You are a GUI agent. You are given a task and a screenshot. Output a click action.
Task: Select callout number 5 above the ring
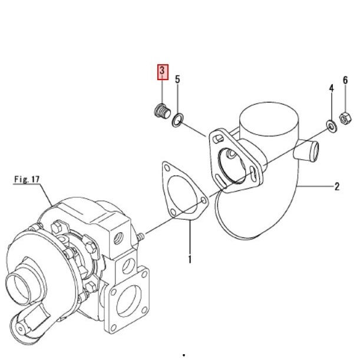tap(177, 79)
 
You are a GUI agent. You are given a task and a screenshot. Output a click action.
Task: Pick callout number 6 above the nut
tap(345, 81)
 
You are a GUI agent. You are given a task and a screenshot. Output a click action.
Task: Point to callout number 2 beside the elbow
tap(337, 187)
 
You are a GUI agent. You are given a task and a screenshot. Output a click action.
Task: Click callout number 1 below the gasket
tap(190, 259)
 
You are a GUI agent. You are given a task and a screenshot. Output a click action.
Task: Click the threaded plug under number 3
tap(160, 110)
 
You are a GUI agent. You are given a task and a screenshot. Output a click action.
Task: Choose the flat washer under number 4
tap(330, 125)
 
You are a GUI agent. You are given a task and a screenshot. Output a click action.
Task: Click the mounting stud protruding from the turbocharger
tap(141, 237)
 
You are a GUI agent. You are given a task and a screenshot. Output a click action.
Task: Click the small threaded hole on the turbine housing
tap(121, 238)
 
